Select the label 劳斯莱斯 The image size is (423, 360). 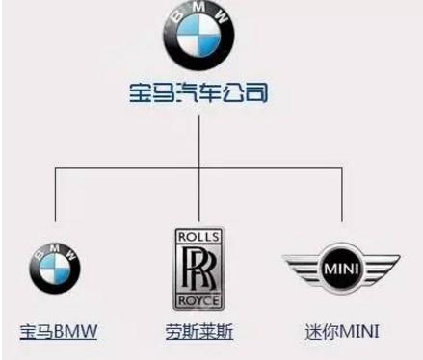198,334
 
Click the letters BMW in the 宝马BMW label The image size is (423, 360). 77,334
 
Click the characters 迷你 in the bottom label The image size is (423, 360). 319,334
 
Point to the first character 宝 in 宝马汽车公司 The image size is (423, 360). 141,93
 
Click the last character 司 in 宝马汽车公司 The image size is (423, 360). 255,93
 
